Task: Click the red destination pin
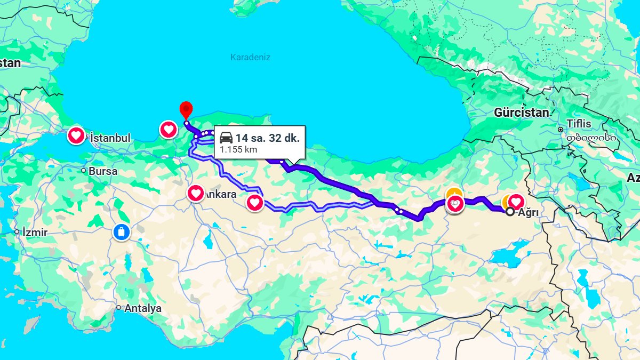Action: click(186, 109)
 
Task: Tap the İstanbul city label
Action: click(110, 138)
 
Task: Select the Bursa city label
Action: click(103, 172)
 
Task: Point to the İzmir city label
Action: click(35, 233)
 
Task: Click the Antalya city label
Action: click(143, 308)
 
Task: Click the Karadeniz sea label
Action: click(250, 57)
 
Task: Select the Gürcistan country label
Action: click(521, 113)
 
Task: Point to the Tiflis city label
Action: click(579, 124)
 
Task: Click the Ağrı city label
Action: click(528, 212)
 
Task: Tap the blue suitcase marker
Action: click(122, 232)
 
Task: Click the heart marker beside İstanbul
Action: click(76, 135)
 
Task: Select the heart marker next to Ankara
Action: click(196, 193)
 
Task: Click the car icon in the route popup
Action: click(226, 138)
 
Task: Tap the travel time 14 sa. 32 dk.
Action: click(267, 138)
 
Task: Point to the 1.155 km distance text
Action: click(238, 150)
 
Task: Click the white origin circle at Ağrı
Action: click(510, 212)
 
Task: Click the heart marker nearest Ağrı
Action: click(516, 201)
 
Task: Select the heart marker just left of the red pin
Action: click(169, 129)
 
